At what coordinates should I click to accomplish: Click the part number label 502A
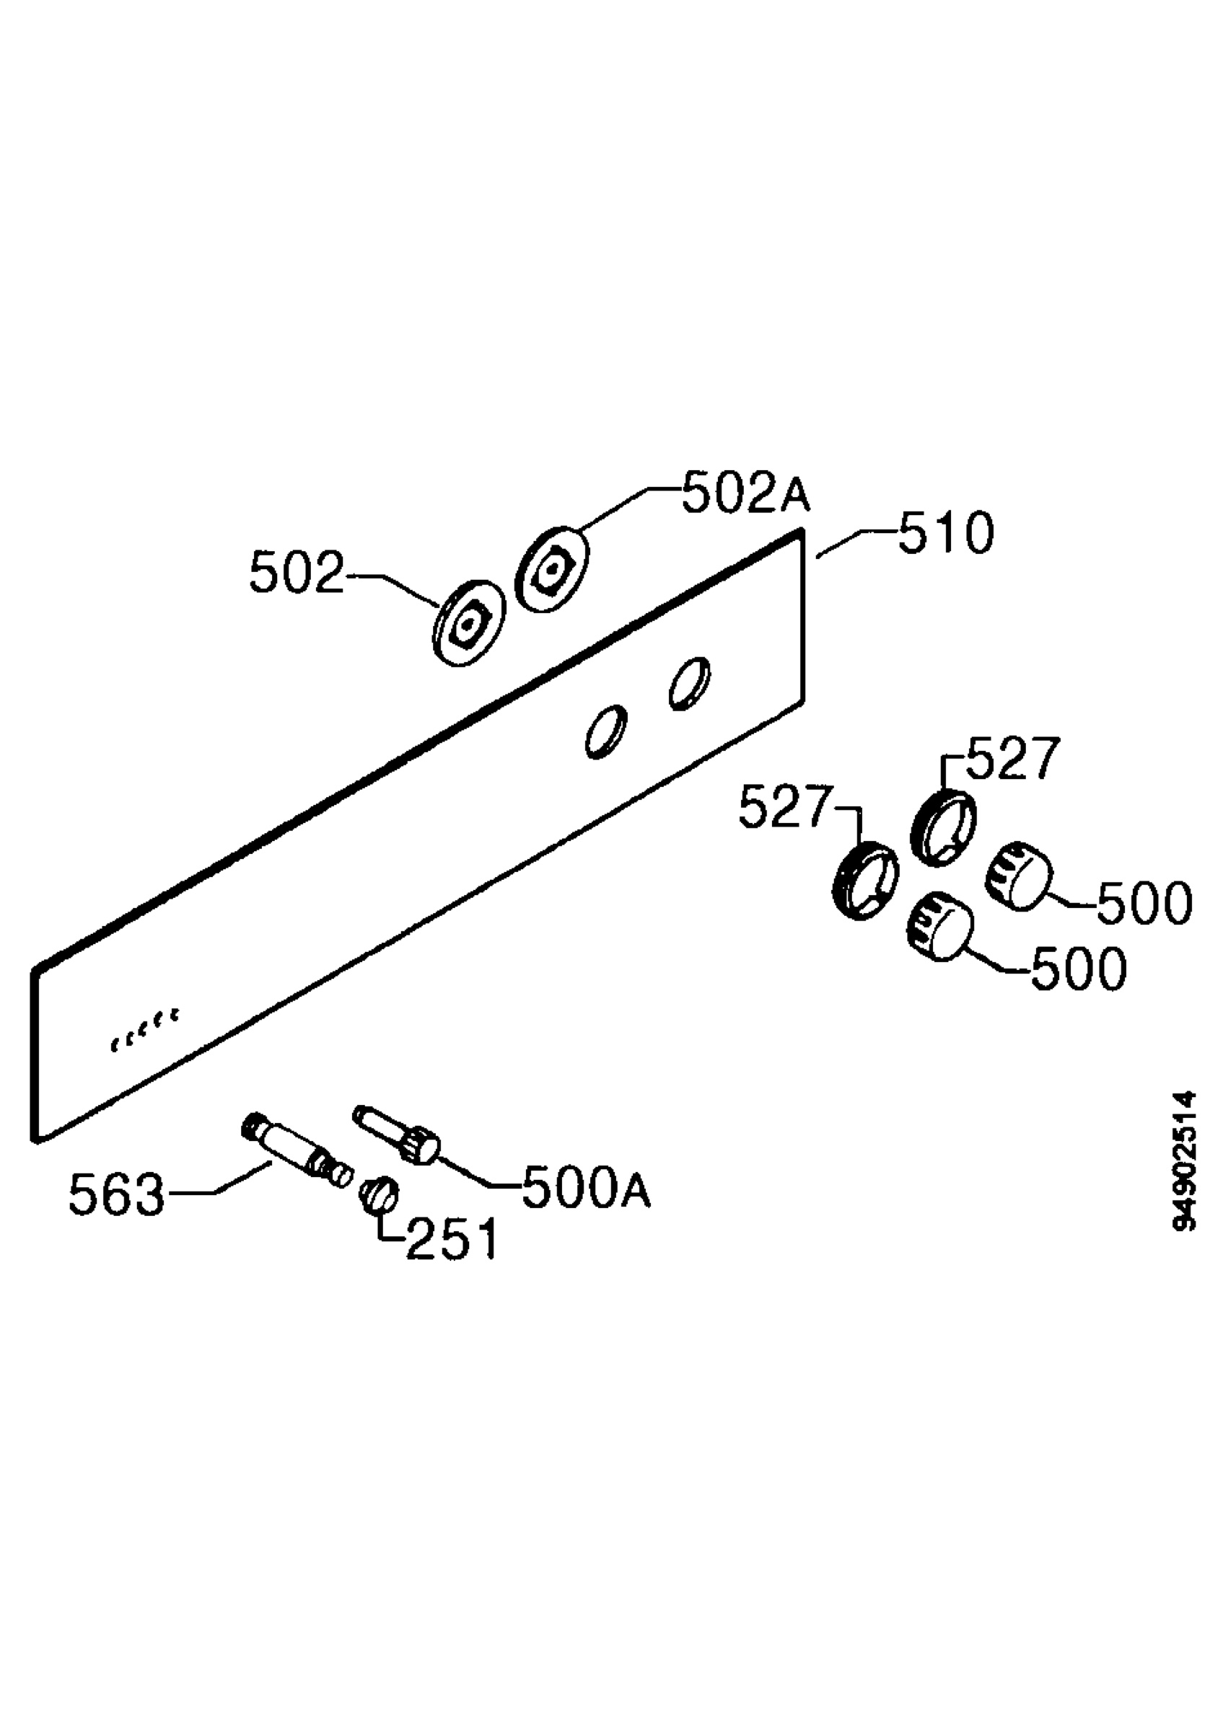746,493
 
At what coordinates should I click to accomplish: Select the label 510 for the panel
946,534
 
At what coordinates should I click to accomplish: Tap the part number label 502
297,572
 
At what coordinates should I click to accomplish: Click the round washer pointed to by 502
469,622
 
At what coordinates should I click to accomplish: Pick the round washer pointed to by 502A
552,568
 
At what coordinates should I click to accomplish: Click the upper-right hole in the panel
689,683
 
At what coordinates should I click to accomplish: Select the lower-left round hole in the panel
606,731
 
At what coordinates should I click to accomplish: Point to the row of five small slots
146,1029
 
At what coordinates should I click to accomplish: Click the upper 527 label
1012,759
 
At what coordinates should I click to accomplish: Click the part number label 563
116,1195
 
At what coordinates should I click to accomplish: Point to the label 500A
586,1188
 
